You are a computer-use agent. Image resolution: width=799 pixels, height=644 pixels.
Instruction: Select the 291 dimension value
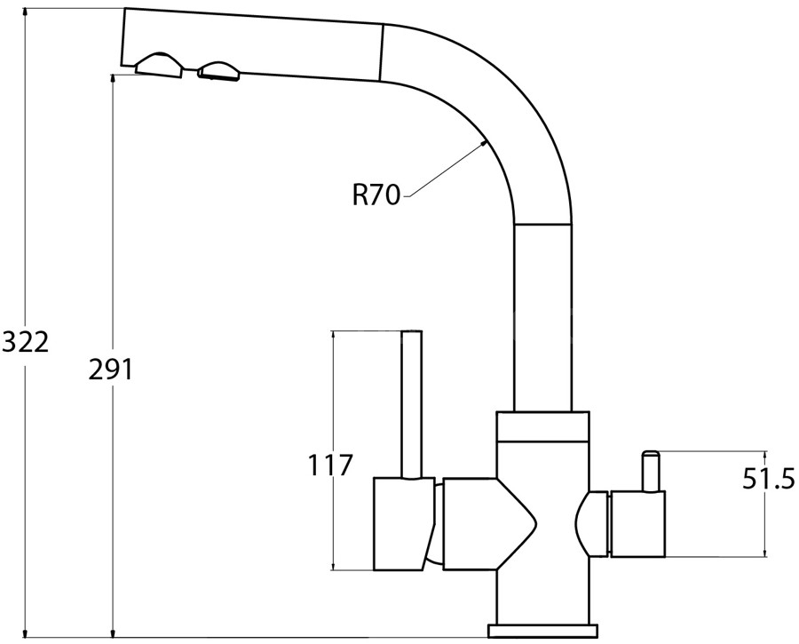click(x=110, y=369)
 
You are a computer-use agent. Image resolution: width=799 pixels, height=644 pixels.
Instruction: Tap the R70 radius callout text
click(x=377, y=194)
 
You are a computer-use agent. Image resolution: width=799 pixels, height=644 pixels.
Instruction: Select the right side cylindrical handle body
click(x=637, y=523)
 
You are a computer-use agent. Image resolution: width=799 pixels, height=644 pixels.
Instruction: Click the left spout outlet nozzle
click(x=160, y=65)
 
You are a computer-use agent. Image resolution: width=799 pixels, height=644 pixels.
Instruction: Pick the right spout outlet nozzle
click(x=219, y=71)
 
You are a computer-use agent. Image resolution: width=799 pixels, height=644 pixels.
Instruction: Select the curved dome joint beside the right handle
click(x=592, y=524)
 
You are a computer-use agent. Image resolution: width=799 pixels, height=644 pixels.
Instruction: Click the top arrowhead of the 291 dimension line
click(x=113, y=81)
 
